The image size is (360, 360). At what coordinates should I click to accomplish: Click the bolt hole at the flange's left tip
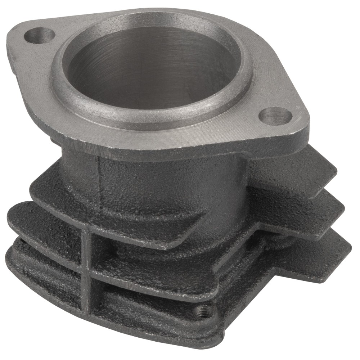(x=40, y=35)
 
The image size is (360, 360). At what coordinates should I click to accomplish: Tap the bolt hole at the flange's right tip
(x=275, y=116)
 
